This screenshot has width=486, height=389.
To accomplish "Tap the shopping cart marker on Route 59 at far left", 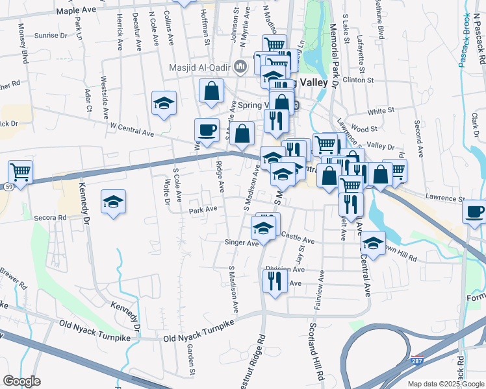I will (x=21, y=172).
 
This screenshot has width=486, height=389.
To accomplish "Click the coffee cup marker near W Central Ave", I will (x=207, y=131).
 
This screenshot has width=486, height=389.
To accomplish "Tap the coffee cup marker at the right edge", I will (x=474, y=211).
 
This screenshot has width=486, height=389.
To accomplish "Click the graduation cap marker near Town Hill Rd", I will (x=373, y=243).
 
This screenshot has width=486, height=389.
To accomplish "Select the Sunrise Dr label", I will (x=52, y=36).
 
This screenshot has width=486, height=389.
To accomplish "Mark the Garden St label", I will (x=191, y=359).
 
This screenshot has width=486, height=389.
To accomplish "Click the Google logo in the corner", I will (x=21, y=381).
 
